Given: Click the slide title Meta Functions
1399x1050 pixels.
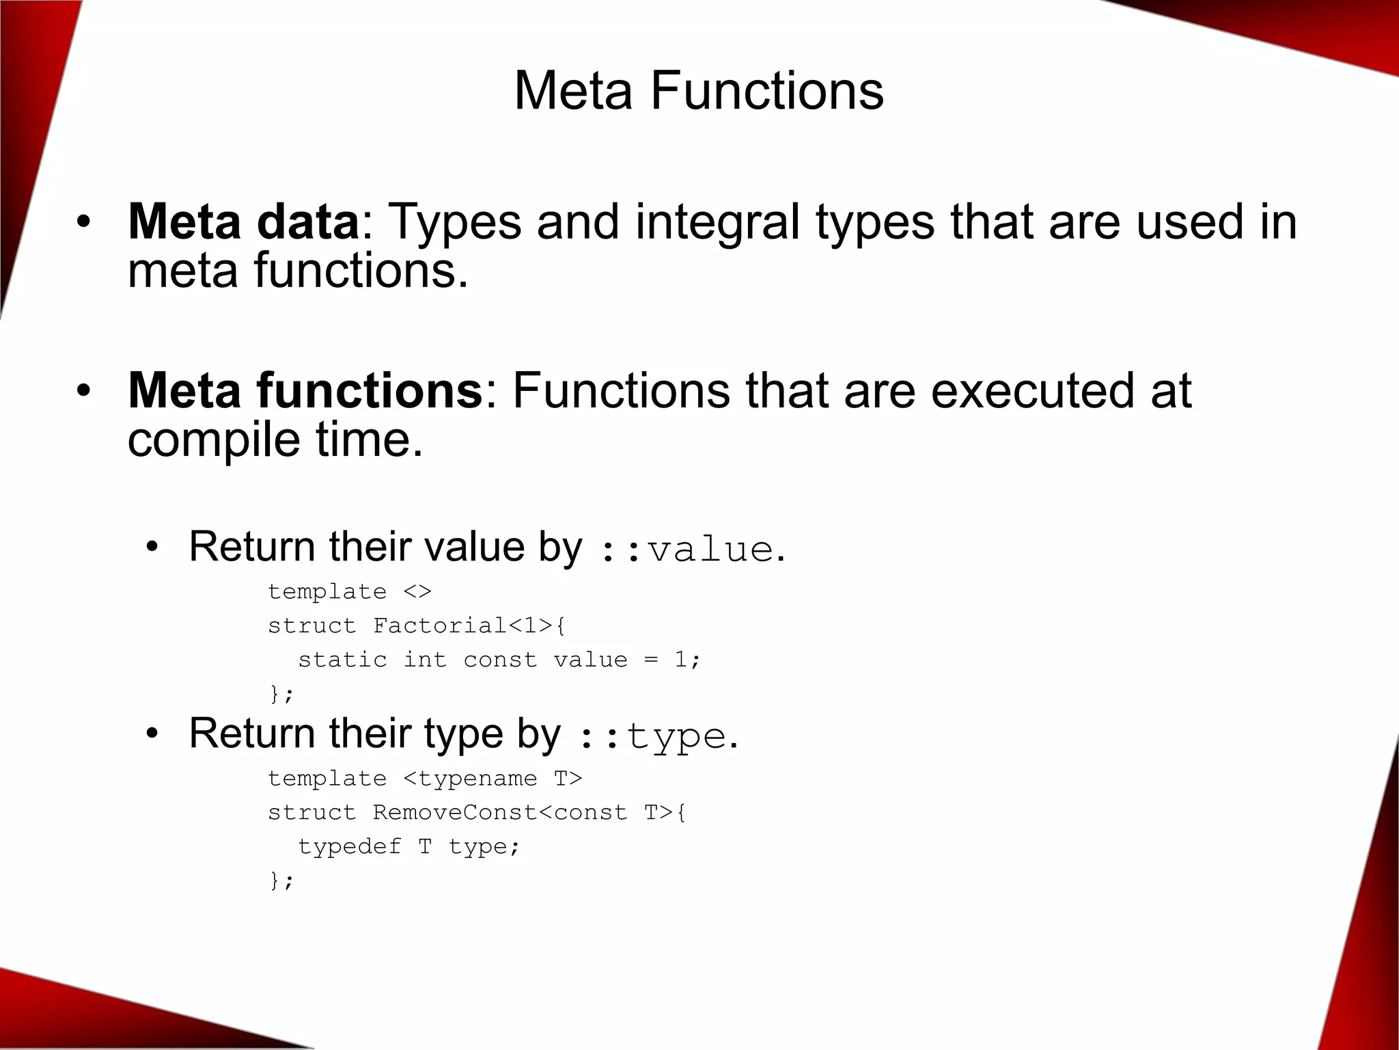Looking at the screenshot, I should point(698,91).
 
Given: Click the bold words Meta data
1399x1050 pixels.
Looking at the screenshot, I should point(243,222).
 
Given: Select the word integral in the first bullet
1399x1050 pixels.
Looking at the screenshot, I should point(717,222).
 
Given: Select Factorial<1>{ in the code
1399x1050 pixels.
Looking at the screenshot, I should point(469,625).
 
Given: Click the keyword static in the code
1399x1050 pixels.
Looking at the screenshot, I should point(342,660).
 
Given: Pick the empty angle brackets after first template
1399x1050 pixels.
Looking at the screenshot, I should point(417,591).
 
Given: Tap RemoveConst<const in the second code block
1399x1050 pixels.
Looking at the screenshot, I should point(499,813).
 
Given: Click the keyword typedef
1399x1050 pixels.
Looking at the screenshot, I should point(349,847).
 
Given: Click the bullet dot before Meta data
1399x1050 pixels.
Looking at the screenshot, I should point(83,222).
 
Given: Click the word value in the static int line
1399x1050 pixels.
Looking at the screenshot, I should point(590,660).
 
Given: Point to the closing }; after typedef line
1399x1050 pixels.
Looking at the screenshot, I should point(281,880).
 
